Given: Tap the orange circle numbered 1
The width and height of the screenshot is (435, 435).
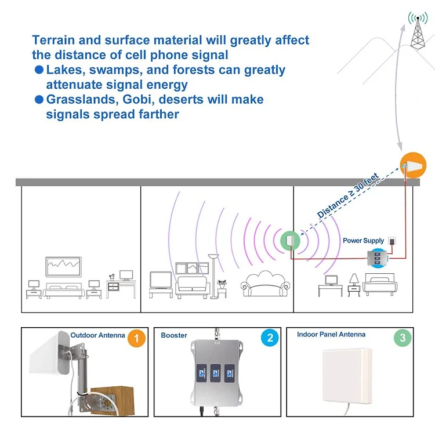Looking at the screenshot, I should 136,339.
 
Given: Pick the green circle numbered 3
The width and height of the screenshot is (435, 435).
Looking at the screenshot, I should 400,339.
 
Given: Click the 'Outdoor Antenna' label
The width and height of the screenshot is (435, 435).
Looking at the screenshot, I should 97,335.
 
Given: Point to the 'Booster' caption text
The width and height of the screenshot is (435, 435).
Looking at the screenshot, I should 174,335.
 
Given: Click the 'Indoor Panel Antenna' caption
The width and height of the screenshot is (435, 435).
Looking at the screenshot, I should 331,334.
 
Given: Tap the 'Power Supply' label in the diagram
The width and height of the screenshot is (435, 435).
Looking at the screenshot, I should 363,241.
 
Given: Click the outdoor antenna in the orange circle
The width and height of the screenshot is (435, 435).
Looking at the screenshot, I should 412,165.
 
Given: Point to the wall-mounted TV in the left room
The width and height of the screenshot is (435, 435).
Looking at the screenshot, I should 64,267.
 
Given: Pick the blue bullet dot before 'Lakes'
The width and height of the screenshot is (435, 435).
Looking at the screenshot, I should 39,70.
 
